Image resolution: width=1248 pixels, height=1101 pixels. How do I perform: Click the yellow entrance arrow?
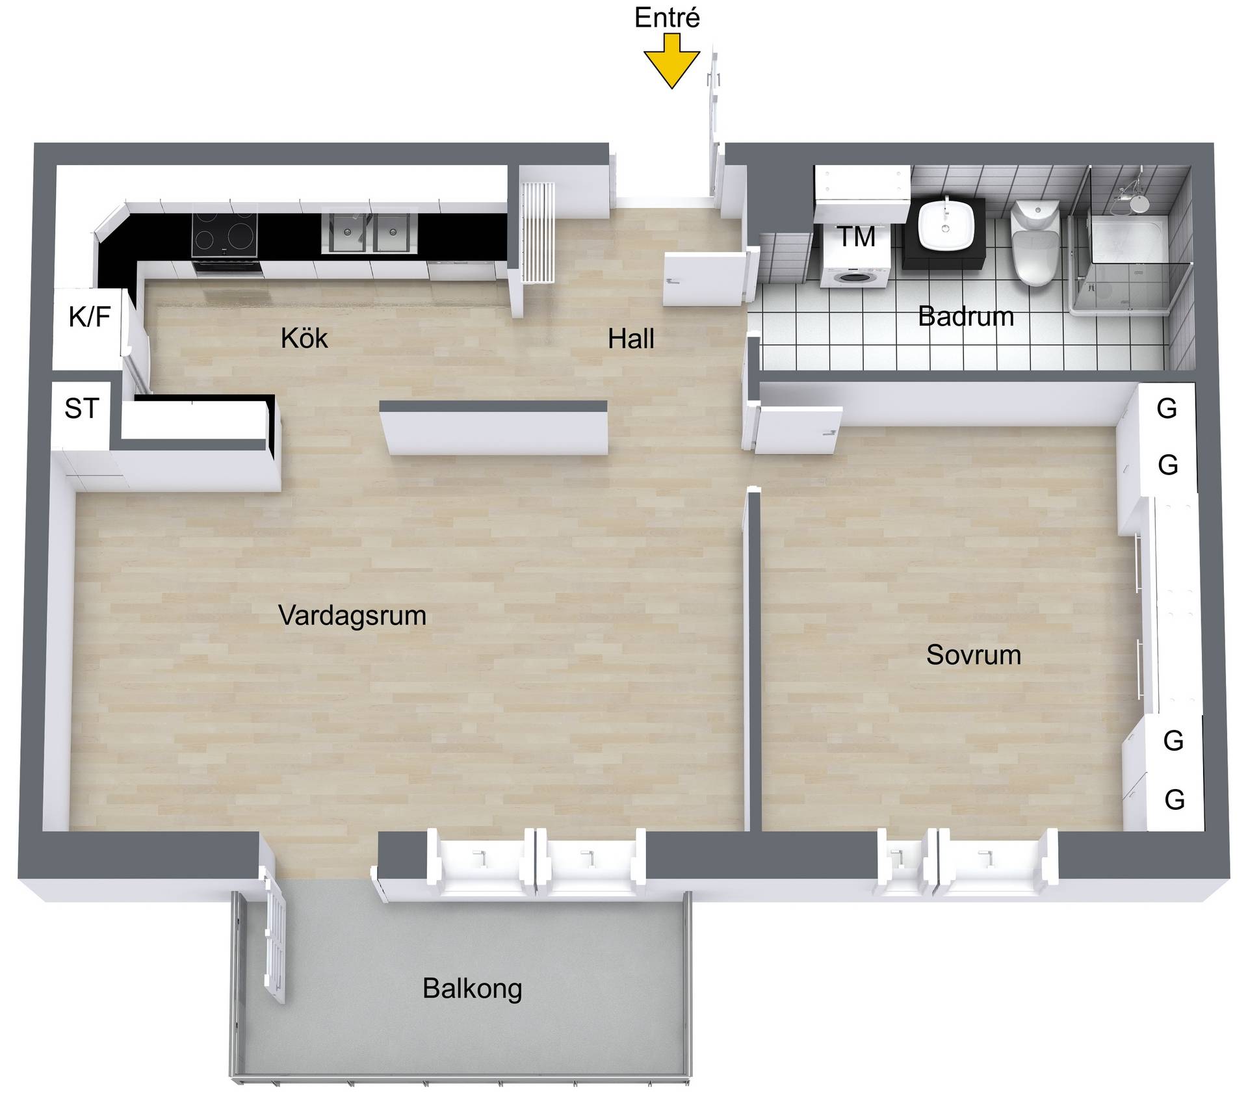(x=671, y=61)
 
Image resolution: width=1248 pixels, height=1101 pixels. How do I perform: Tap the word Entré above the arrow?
(x=667, y=18)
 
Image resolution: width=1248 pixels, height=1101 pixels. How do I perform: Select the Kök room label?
(x=304, y=338)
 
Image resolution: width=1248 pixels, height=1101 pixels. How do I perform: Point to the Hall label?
(x=631, y=339)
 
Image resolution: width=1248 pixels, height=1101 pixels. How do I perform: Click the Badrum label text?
(x=966, y=317)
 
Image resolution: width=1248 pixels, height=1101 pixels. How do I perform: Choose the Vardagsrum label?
(x=352, y=615)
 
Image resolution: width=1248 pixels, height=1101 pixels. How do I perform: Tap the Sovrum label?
(x=974, y=654)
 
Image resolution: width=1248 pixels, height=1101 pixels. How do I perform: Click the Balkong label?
(x=473, y=989)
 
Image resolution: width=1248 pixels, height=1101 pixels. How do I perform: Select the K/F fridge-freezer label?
(x=90, y=317)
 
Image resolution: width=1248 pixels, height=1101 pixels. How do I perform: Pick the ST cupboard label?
(x=82, y=408)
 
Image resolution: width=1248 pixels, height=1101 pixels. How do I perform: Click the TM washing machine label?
(x=857, y=237)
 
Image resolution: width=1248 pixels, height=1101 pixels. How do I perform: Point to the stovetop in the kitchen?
(x=224, y=234)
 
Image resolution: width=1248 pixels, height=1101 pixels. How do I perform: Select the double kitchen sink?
(x=369, y=232)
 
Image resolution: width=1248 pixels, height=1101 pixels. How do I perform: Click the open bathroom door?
(x=705, y=279)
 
